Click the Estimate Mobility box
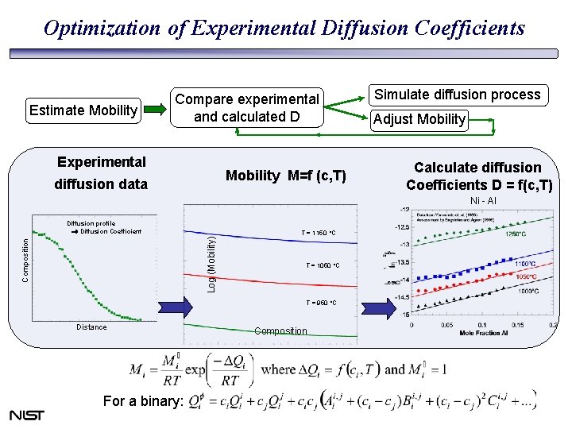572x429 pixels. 83,110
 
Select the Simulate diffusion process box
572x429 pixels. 457,95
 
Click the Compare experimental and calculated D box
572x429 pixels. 247,108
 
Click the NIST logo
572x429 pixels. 27,415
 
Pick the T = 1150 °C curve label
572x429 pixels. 319,233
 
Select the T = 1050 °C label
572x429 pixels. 322,265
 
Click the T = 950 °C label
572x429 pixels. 321,303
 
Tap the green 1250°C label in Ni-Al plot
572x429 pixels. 512,234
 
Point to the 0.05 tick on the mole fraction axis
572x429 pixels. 446,326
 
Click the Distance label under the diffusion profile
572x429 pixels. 91,327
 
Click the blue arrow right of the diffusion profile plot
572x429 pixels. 176,306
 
